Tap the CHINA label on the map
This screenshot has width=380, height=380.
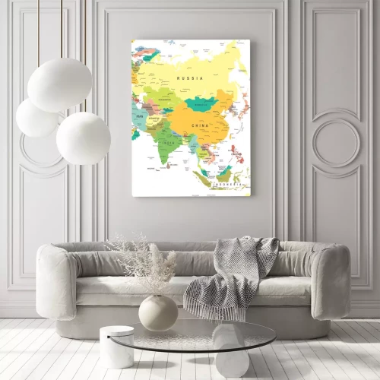tap(200, 124)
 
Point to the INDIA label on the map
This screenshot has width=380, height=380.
tap(169, 141)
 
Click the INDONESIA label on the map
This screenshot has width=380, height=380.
tap(226, 184)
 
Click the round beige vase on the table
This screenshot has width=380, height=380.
tap(157, 312)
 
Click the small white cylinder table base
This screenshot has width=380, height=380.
tap(116, 347)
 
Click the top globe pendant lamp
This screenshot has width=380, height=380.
tap(59, 84)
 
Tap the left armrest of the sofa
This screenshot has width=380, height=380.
tap(56, 281)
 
